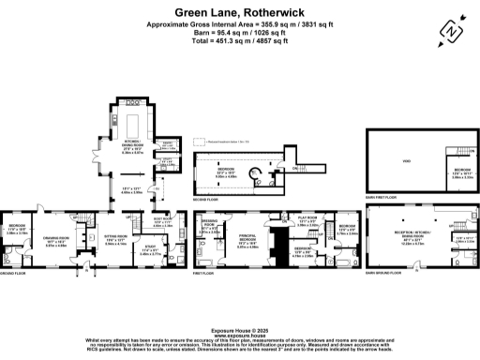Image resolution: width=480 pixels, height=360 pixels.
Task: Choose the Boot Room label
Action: (x=162, y=224)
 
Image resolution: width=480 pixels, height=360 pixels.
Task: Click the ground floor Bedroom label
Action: (x=18, y=231)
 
